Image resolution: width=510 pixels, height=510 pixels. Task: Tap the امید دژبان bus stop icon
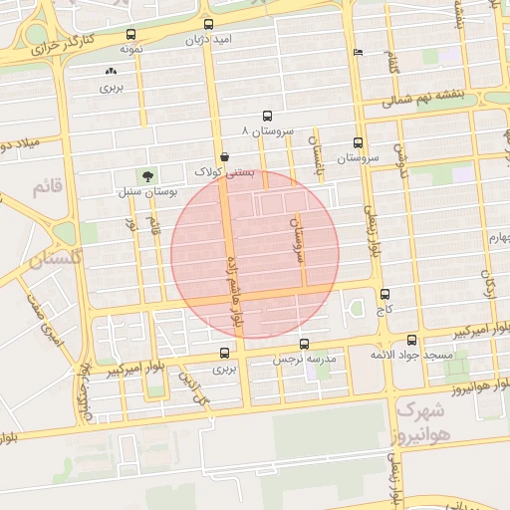pyautogui.click(x=208, y=25)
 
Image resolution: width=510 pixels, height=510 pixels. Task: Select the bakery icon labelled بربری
pyautogui.click(x=110, y=72)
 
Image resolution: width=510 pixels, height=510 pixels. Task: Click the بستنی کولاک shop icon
pyautogui.click(x=224, y=156)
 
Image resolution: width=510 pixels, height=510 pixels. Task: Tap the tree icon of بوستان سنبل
pyautogui.click(x=147, y=176)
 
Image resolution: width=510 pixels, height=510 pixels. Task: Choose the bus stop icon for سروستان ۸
pyautogui.click(x=266, y=116)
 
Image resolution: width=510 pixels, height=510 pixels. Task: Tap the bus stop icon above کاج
pyautogui.click(x=385, y=295)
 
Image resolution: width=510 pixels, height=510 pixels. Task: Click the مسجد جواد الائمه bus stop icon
pyautogui.click(x=411, y=340)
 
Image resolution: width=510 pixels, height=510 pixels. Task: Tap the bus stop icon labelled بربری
pyautogui.click(x=224, y=353)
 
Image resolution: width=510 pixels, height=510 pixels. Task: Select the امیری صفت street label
pyautogui.click(x=47, y=322)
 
